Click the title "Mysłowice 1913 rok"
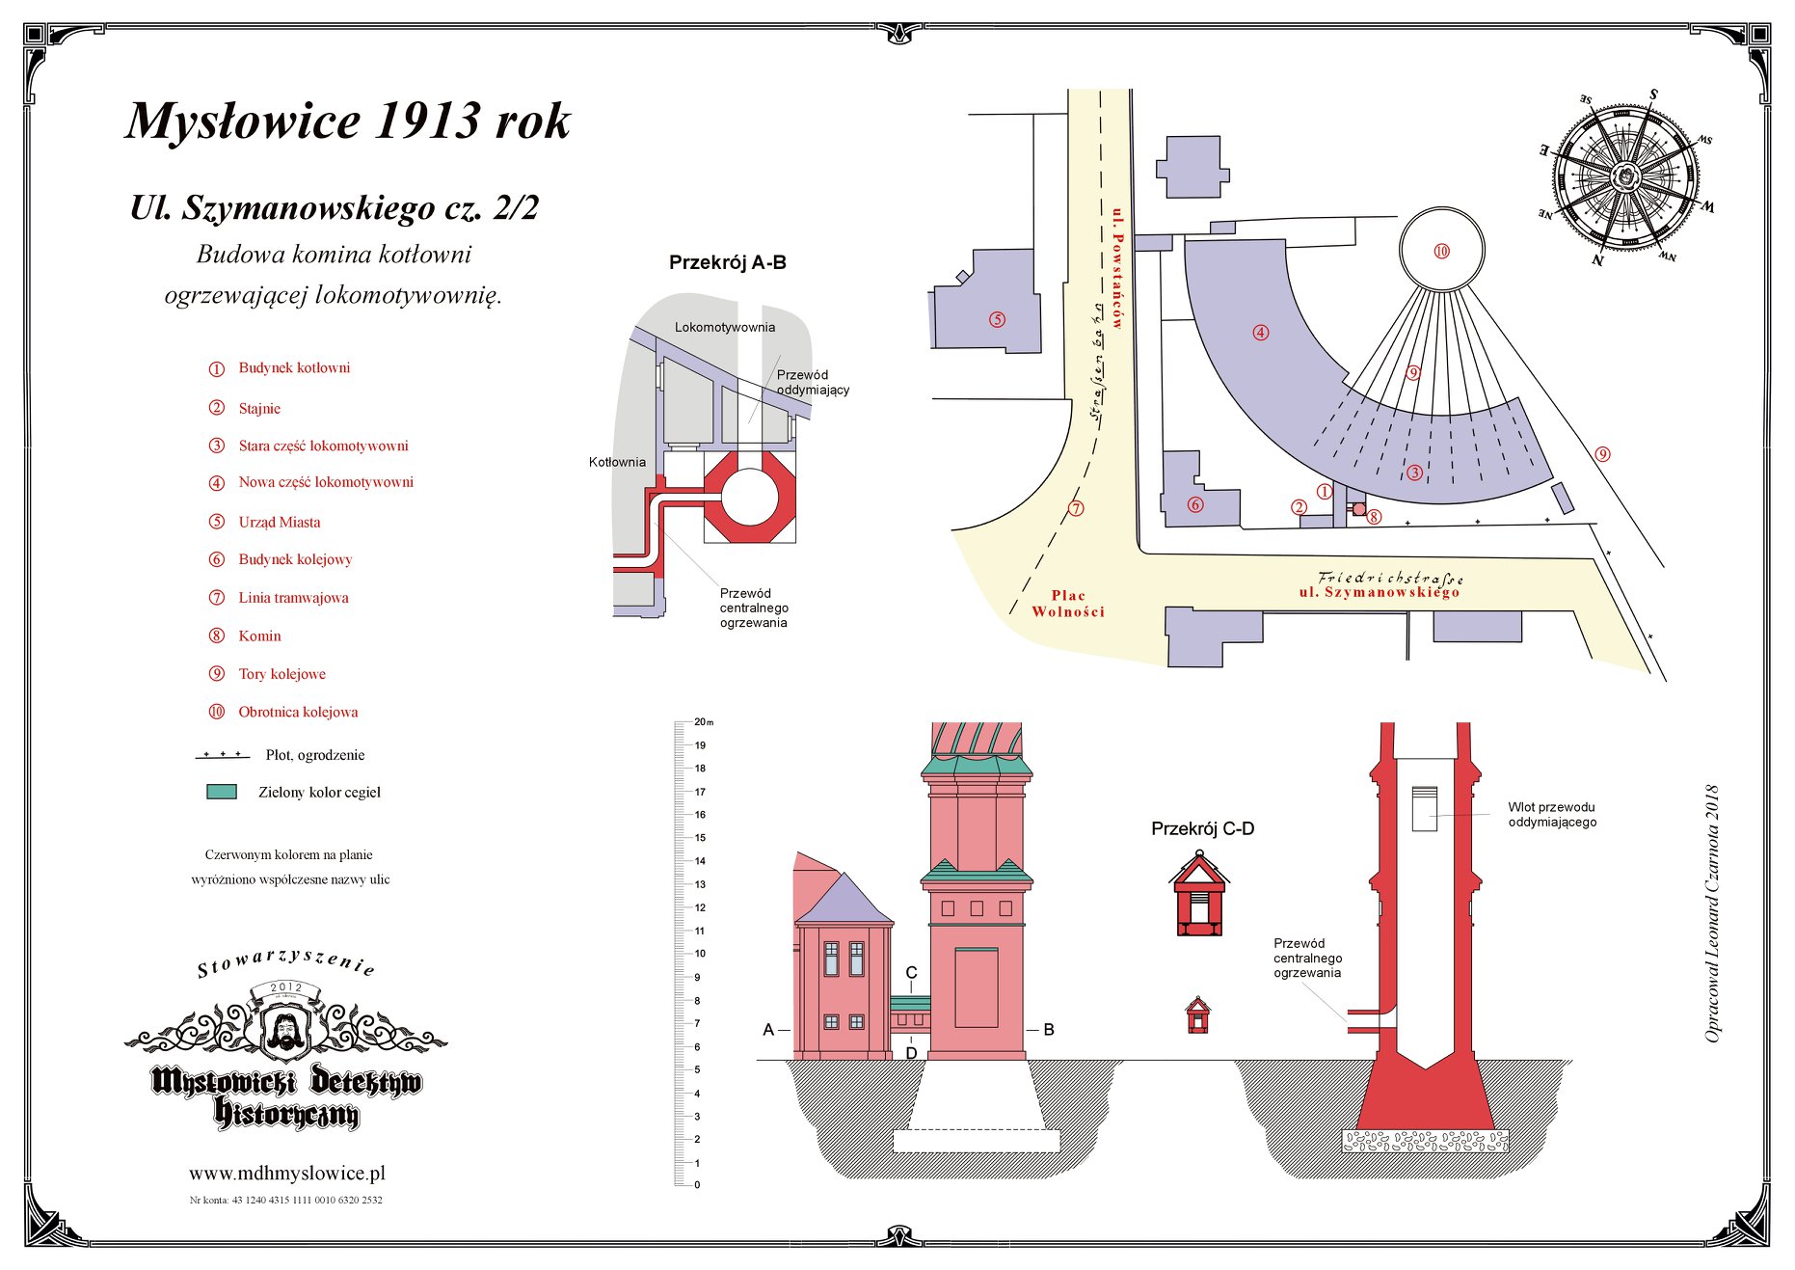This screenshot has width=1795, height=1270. tap(348, 122)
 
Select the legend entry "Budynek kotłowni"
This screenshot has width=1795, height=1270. tap(294, 368)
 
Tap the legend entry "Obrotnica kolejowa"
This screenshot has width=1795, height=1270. tap(298, 713)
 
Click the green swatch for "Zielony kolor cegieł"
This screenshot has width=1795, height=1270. tap(222, 792)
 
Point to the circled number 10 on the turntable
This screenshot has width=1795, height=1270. tap(1441, 252)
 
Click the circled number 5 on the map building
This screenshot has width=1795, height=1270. tap(997, 319)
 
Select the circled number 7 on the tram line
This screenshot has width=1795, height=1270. tap(1076, 508)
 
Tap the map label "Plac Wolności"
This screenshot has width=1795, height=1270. tap(1068, 604)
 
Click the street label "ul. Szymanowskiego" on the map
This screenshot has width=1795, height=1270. tap(1379, 592)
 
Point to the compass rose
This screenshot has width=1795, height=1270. tap(1626, 176)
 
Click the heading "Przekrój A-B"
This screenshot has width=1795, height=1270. tap(727, 262)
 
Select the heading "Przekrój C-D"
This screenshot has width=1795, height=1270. tap(1202, 828)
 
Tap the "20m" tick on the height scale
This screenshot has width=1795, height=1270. tap(703, 722)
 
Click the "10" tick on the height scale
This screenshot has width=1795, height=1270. tap(700, 954)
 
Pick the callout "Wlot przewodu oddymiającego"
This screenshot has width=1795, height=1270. tap(1551, 815)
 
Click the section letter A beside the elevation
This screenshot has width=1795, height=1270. tap(768, 1030)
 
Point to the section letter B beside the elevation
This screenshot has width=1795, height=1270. tap(1049, 1030)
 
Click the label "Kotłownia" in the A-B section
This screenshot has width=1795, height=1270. tap(617, 462)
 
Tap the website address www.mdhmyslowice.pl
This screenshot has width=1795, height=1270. tap(287, 1174)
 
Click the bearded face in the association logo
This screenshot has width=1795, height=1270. tap(285, 1030)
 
